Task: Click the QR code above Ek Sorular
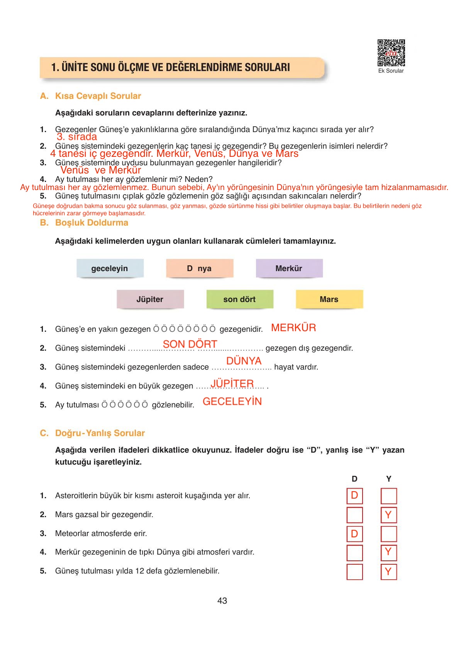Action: (x=391, y=53)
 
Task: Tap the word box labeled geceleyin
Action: (x=110, y=268)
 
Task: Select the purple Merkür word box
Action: (x=289, y=268)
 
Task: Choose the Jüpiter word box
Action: (x=150, y=299)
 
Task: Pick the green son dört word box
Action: (x=239, y=299)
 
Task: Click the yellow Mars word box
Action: (x=329, y=299)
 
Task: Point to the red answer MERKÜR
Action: (x=293, y=328)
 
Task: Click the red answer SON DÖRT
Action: (x=190, y=344)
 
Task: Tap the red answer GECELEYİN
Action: (x=232, y=402)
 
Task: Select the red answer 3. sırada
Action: (x=77, y=137)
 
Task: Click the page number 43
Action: (x=222, y=601)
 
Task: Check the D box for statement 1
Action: (x=354, y=496)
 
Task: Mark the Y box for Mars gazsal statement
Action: (x=388, y=515)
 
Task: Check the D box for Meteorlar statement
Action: (x=354, y=534)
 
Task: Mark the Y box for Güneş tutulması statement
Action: (x=388, y=572)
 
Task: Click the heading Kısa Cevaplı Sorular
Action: (x=98, y=96)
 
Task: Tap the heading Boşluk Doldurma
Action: (x=92, y=222)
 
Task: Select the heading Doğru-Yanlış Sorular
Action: (x=100, y=433)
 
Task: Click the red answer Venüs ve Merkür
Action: (x=100, y=170)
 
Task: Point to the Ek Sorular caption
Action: (x=391, y=71)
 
